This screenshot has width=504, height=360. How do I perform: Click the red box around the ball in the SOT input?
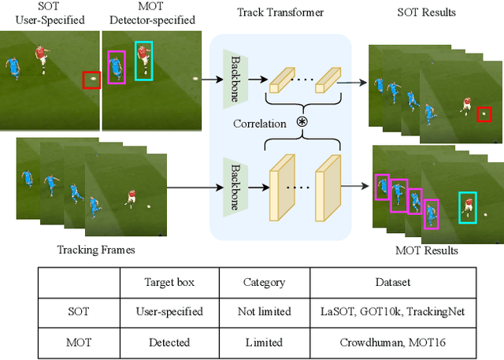[x=92, y=79]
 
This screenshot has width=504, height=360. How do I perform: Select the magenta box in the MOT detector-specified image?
[x=116, y=67]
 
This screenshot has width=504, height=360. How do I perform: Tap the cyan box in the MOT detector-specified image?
[x=144, y=61]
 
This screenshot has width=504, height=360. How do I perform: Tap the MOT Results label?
[x=426, y=251]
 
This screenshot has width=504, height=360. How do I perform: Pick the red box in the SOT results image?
[x=484, y=114]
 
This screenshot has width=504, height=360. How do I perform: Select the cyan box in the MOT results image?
[x=469, y=206]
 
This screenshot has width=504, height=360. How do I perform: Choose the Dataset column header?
[x=393, y=281]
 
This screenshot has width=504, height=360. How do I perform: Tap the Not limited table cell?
[x=264, y=311]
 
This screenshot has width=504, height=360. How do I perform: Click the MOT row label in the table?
[x=78, y=342]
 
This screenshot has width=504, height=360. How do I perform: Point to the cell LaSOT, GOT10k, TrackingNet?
[x=393, y=311]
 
